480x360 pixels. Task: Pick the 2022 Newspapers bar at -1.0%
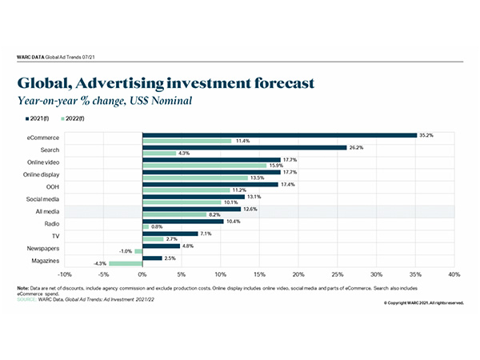138,251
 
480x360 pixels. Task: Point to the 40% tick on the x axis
454,274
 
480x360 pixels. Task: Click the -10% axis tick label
65,274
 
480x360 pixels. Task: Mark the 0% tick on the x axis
142,274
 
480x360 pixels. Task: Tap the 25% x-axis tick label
337,274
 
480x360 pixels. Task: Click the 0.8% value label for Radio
157,226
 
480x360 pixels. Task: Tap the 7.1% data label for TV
206,234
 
